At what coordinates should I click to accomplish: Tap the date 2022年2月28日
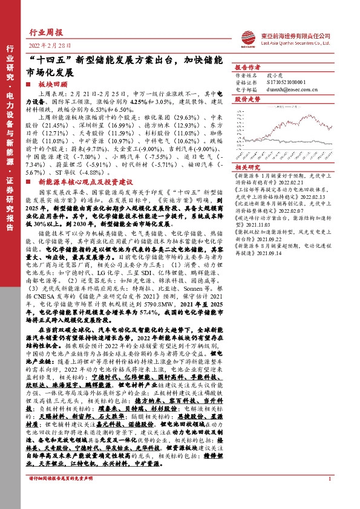[x=50, y=46]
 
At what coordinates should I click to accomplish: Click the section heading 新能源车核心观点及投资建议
[x=77, y=180]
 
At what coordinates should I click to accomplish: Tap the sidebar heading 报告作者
[x=246, y=66]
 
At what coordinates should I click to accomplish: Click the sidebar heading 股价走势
[x=246, y=97]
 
